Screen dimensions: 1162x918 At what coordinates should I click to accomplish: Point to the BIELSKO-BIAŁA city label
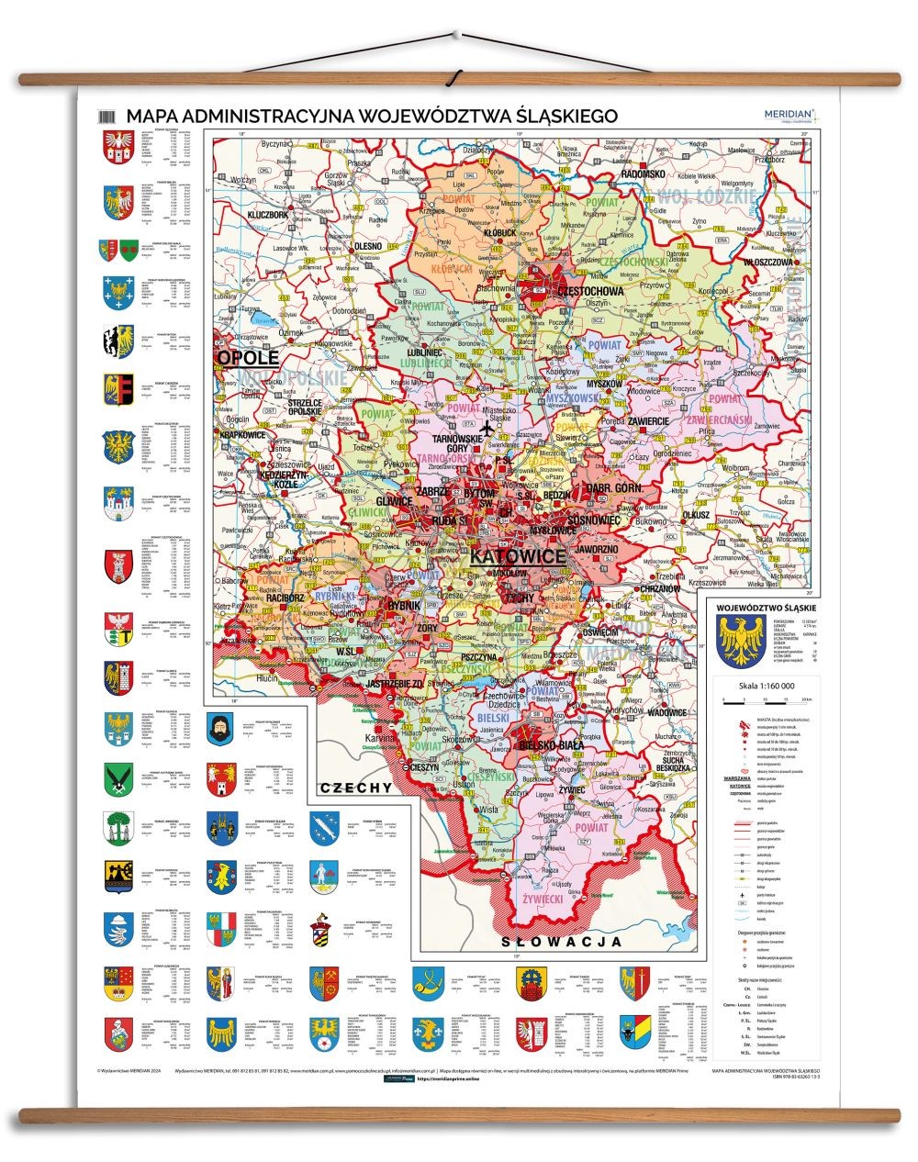coord(551,745)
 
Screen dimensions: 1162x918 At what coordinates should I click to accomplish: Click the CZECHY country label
coord(356,788)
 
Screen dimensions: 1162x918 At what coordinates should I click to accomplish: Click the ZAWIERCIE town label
coord(648,420)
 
